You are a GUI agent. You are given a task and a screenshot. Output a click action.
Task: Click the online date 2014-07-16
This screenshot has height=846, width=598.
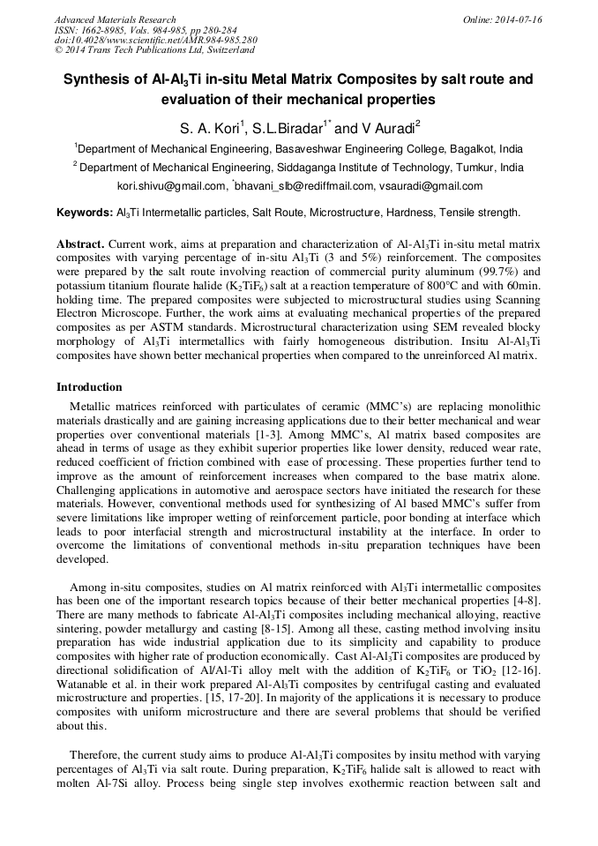(520, 19)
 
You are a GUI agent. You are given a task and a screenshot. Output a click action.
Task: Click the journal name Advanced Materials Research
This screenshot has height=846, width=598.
(115, 19)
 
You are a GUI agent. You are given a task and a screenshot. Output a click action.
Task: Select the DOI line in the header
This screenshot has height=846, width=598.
(155, 41)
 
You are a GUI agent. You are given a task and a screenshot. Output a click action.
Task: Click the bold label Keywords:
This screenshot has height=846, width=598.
(85, 213)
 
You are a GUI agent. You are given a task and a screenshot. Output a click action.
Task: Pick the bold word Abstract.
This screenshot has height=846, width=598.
(80, 243)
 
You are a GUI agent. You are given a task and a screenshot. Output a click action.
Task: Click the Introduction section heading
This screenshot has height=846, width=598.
(89, 386)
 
